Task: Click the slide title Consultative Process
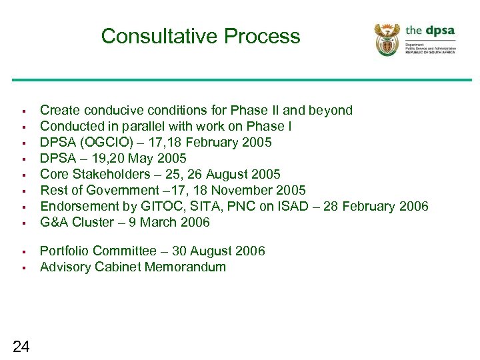coord(201,35)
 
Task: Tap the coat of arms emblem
coord(387,39)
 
